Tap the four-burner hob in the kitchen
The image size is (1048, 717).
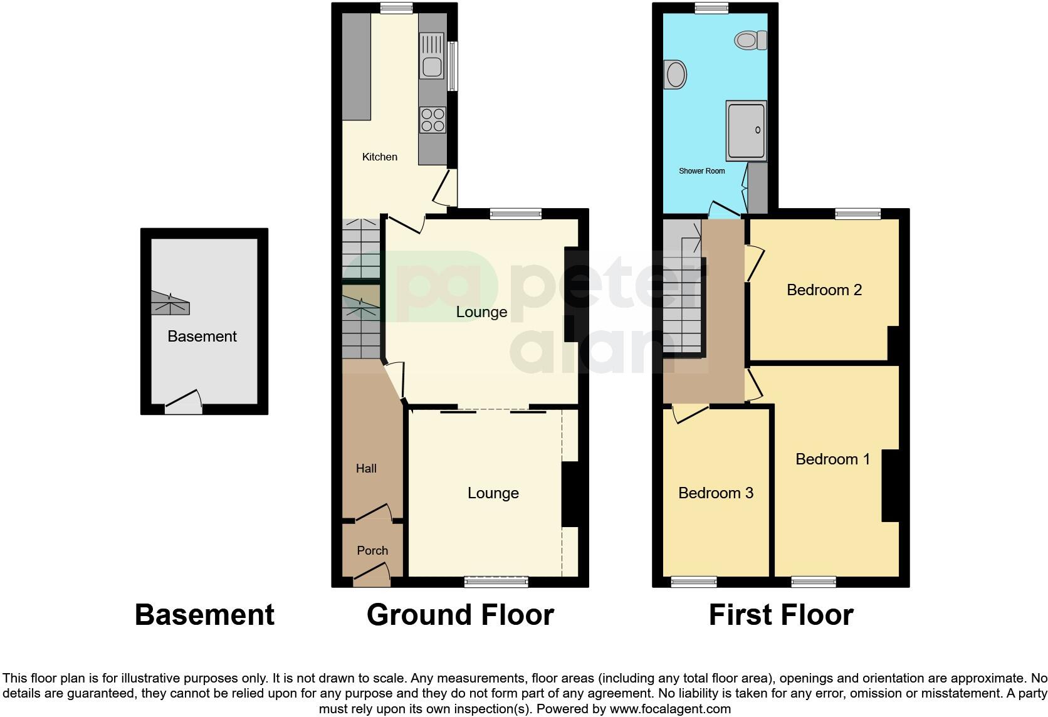(432, 120)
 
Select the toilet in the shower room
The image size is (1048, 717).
(750, 40)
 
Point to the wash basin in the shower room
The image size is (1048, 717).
(675, 75)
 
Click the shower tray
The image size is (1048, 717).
(747, 131)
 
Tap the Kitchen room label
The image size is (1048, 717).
(379, 157)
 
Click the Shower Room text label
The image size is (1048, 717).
(702, 171)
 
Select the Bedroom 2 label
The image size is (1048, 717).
(824, 290)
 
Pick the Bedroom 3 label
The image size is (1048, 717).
(716, 493)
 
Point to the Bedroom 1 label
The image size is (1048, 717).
(833, 459)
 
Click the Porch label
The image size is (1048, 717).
(372, 550)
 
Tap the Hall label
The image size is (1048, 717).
(366, 469)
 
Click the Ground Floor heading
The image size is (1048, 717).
(460, 615)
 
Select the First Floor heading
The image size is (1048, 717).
(781, 615)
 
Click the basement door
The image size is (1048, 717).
(184, 402)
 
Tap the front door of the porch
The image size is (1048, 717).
(372, 575)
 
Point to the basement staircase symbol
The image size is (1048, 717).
(170, 303)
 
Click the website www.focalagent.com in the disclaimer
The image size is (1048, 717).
(670, 709)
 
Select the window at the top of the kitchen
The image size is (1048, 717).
(396, 8)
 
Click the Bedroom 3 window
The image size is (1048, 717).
(694, 582)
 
